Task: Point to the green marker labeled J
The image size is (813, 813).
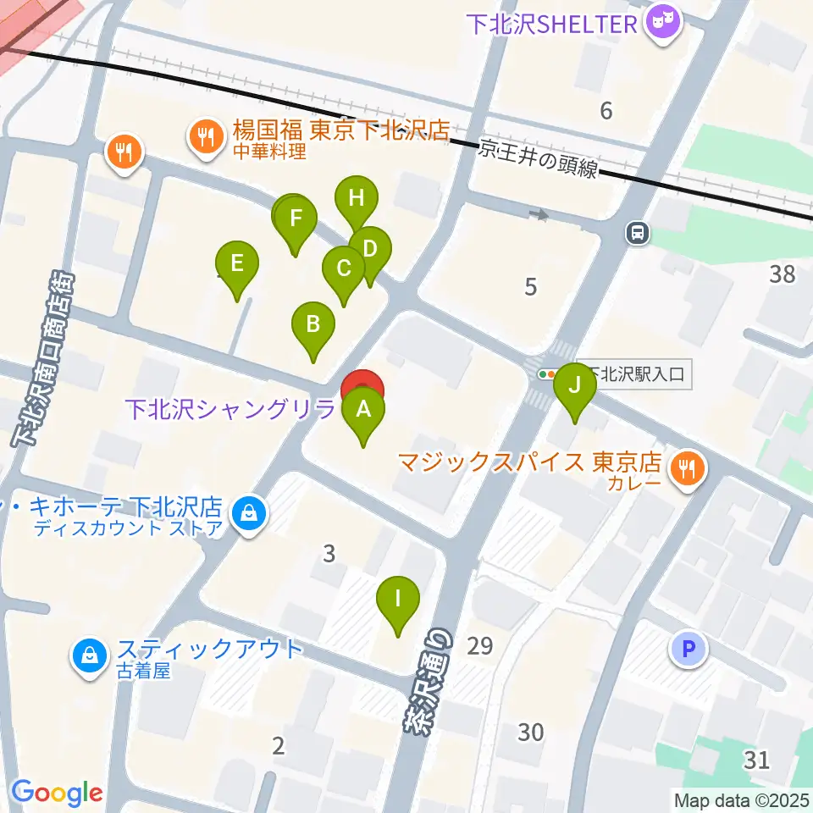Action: click(x=575, y=386)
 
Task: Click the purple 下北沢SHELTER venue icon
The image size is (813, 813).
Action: click(x=663, y=23)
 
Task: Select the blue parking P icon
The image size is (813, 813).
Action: click(x=688, y=650)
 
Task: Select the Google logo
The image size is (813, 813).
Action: click(x=57, y=793)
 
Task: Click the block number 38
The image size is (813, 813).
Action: click(x=782, y=273)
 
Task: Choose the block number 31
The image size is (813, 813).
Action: click(x=756, y=759)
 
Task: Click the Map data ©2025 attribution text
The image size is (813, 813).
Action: click(x=741, y=799)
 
